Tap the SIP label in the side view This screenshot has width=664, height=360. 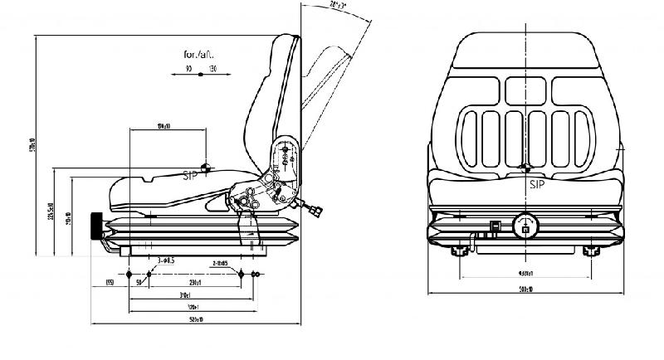pyautogui.click(x=193, y=175)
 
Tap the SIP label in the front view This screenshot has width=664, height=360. pyautogui.click(x=537, y=185)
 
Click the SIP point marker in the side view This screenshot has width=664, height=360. pyautogui.click(x=207, y=166)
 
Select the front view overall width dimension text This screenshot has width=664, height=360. pyautogui.click(x=526, y=290)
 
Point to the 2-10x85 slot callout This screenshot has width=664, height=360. pyautogui.click(x=220, y=262)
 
